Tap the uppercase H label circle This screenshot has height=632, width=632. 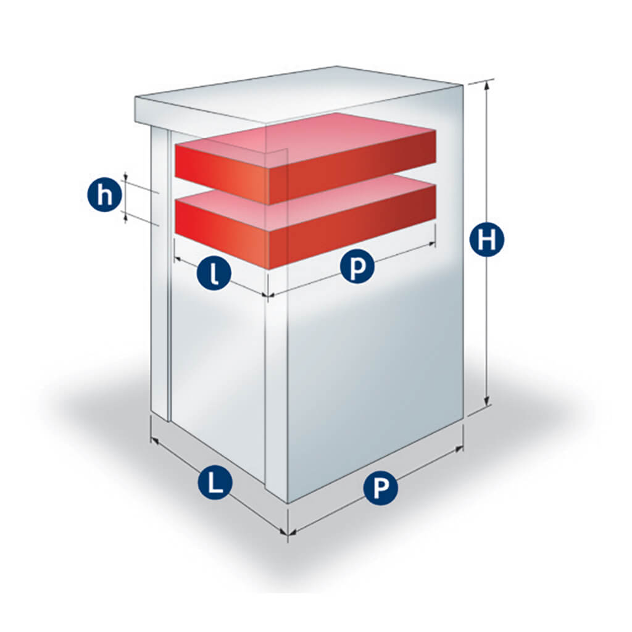point(487,241)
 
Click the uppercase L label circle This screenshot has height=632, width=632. point(215,482)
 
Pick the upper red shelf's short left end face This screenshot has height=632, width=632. point(222,173)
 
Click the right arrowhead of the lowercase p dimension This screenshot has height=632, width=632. point(431,243)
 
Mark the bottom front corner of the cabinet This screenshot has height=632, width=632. point(288,503)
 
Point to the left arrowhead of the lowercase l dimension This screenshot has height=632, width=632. point(178,260)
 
